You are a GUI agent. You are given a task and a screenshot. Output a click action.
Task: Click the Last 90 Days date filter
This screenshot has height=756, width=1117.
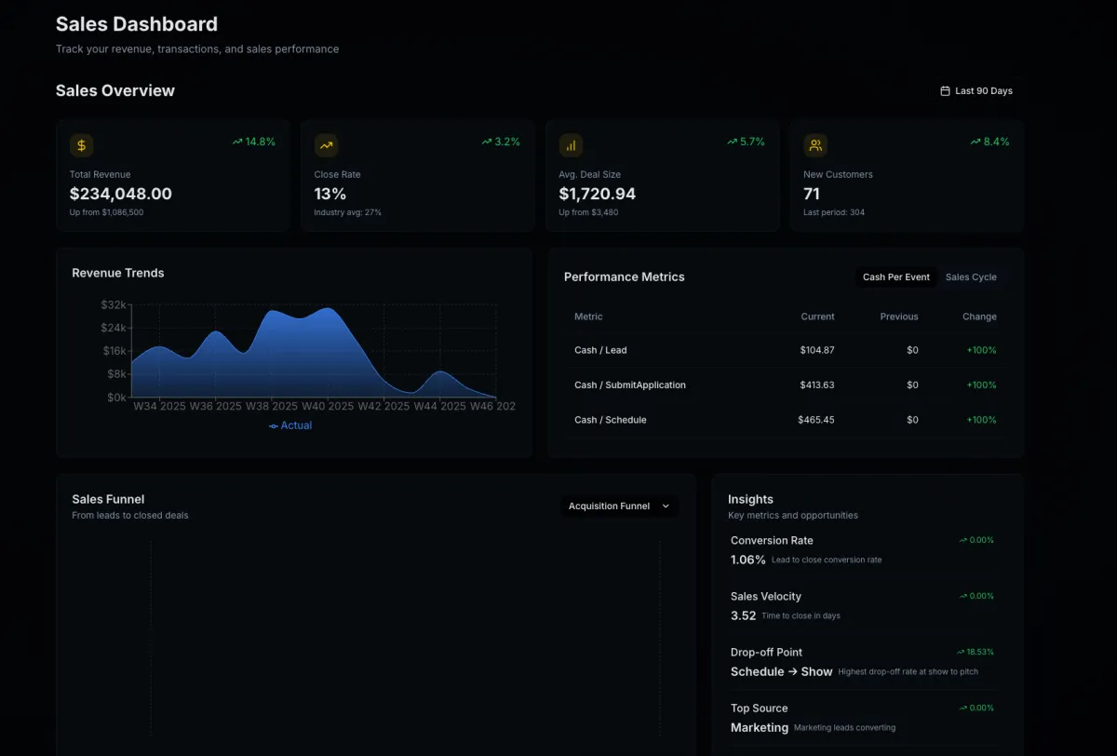[x=976, y=91]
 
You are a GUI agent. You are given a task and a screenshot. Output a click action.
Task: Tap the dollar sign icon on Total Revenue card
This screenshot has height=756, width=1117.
[x=82, y=145]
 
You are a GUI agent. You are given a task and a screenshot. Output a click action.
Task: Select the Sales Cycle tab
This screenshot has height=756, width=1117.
[x=971, y=277]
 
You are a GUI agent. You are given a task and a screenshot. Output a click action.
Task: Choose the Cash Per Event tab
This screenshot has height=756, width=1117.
[x=895, y=277]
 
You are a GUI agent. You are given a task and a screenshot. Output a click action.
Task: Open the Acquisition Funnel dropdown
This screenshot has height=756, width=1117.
[x=619, y=506]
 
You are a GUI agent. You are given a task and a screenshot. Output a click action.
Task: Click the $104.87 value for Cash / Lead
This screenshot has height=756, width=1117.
[x=816, y=350]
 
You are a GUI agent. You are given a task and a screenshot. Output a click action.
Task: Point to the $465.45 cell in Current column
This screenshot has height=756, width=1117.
[x=815, y=420]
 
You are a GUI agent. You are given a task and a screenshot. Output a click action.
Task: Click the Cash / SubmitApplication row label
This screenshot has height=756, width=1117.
[x=629, y=385]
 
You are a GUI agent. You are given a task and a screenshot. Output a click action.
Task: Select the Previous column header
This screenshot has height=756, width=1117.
[x=898, y=317]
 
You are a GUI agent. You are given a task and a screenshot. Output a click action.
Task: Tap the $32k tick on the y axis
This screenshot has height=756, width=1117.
[x=114, y=305]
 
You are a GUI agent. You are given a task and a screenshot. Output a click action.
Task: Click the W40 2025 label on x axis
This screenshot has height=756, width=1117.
[x=328, y=406]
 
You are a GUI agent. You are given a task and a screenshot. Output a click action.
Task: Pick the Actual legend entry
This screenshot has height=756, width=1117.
[x=290, y=425]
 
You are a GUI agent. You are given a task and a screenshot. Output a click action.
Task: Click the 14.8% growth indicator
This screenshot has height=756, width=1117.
[x=253, y=142]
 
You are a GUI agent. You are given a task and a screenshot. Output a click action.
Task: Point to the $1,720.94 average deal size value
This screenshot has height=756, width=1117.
[x=597, y=194]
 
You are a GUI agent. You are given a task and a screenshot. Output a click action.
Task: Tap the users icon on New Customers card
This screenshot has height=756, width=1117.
[x=815, y=145]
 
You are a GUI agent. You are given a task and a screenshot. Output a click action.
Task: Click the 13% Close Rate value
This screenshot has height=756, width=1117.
[x=330, y=194]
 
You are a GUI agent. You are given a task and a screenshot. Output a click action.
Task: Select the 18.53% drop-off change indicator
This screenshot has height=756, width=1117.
[x=975, y=653]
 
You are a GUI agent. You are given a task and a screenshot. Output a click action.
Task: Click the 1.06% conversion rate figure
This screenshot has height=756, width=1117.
[x=747, y=560]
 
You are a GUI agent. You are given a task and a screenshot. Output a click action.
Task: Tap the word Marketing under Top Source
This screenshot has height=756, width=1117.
[x=759, y=727]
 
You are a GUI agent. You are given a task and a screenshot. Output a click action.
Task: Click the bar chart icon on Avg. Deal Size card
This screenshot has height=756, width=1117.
[x=571, y=145]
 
